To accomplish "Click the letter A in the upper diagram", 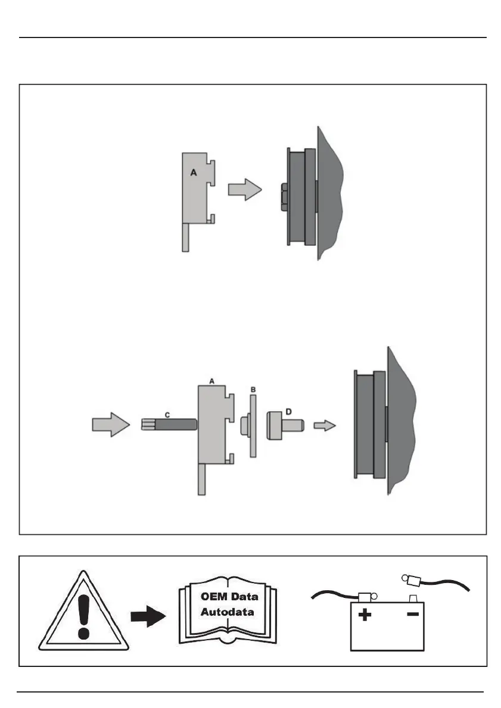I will pyautogui.click(x=193, y=173).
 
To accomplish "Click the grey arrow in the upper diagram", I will pyautogui.click(x=244, y=190).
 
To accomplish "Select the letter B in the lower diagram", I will pyautogui.click(x=253, y=389).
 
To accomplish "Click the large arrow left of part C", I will pyautogui.click(x=111, y=425).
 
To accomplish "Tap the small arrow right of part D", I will pyautogui.click(x=325, y=425).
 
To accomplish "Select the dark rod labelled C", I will pyautogui.click(x=176, y=425).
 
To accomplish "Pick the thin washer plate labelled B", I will pyautogui.click(x=253, y=425).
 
